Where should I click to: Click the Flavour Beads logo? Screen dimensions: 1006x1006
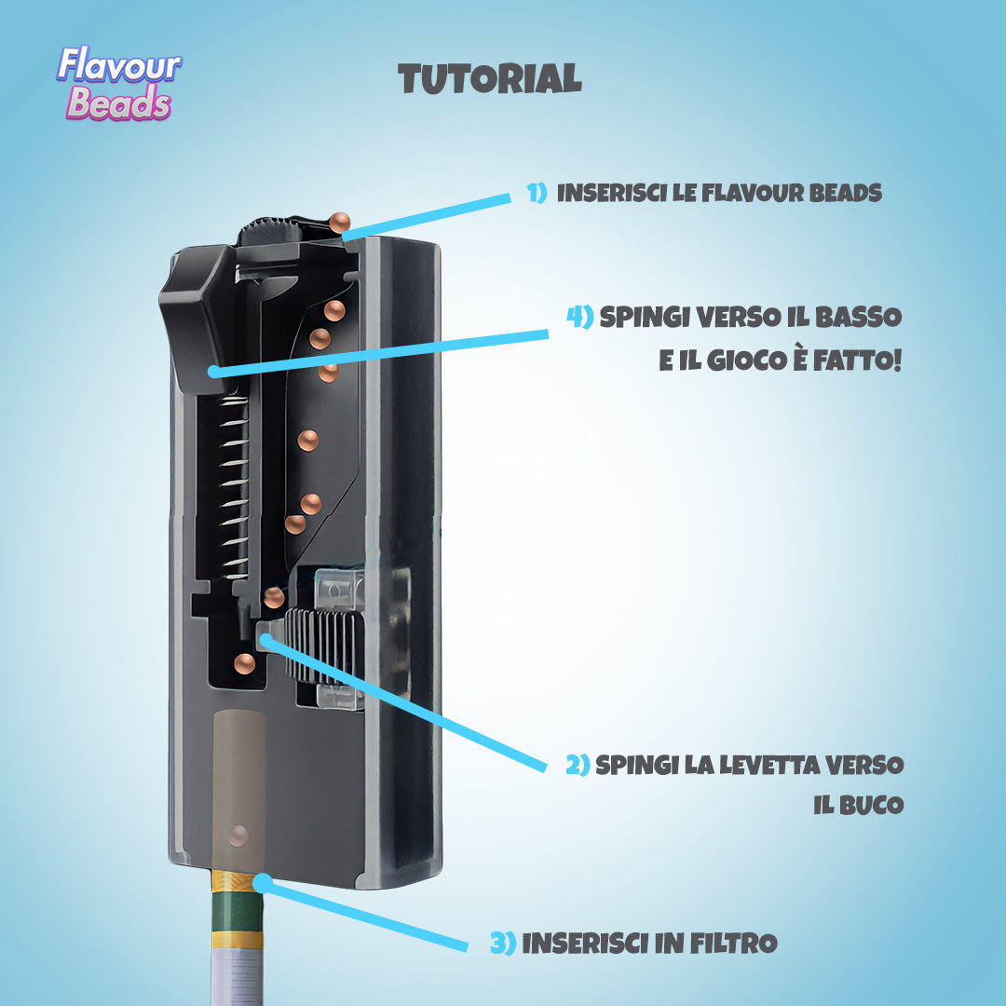(x=119, y=84)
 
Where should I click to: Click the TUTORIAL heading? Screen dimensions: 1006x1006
(x=490, y=79)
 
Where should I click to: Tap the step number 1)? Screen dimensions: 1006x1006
(x=537, y=193)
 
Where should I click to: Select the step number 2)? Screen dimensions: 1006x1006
(x=578, y=765)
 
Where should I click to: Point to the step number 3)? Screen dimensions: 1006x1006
(x=503, y=943)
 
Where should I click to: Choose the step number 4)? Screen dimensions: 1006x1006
(x=580, y=317)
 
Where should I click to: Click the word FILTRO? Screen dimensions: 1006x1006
(x=733, y=943)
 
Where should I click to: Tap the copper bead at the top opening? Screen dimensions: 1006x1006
(x=339, y=224)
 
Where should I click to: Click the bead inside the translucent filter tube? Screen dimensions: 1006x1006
(x=238, y=836)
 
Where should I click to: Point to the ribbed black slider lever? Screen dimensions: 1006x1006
(x=320, y=644)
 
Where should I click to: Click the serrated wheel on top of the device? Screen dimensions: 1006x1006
(x=269, y=230)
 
